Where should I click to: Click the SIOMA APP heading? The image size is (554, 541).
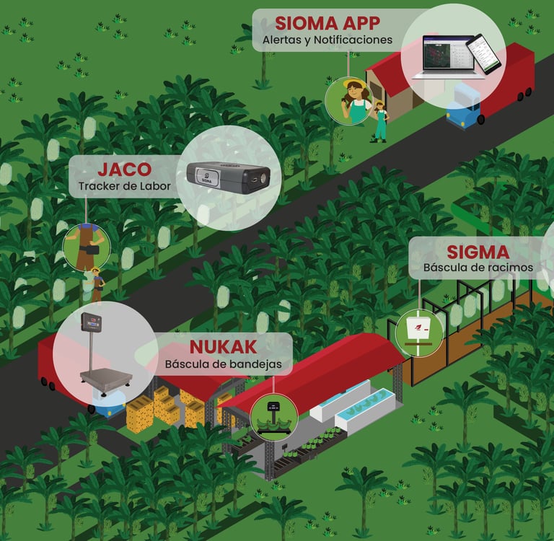click(x=327, y=22)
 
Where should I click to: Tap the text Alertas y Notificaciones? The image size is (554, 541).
click(x=327, y=40)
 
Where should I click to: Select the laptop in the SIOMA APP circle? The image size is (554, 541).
click(x=442, y=56)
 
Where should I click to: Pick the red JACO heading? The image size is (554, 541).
click(x=124, y=170)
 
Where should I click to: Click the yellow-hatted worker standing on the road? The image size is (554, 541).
click(x=96, y=286)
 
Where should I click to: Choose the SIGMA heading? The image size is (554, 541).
click(x=478, y=252)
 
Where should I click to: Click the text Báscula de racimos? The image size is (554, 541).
click(x=478, y=268)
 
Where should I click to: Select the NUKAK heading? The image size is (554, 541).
click(x=223, y=346)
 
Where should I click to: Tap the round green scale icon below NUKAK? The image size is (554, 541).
click(x=273, y=417)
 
